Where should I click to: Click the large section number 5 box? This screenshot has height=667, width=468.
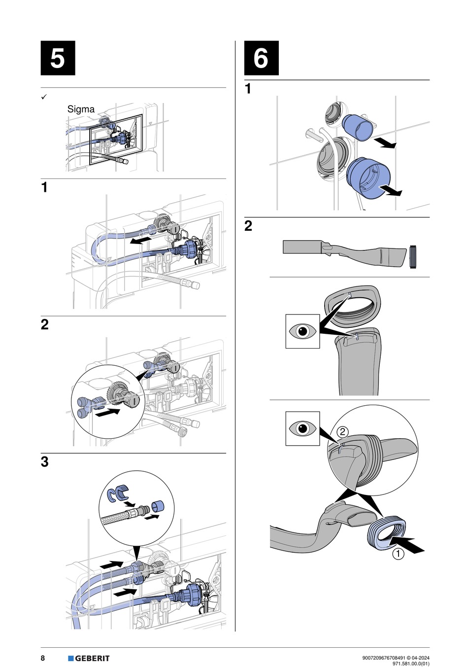click(x=58, y=58)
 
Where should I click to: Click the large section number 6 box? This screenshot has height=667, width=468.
click(x=261, y=58)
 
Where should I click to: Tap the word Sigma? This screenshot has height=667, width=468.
click(x=81, y=109)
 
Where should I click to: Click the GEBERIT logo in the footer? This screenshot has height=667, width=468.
click(x=89, y=658)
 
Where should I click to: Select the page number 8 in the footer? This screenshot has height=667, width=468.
click(x=43, y=658)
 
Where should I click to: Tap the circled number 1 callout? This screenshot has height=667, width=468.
click(x=398, y=554)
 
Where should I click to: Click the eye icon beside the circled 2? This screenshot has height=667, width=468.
click(x=302, y=428)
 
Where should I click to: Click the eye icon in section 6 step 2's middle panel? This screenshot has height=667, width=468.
click(x=302, y=331)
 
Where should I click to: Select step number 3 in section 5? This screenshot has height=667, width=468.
click(x=45, y=462)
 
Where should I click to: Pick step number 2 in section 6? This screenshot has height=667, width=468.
click(x=248, y=226)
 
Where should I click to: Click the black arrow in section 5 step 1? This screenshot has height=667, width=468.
click(x=141, y=240)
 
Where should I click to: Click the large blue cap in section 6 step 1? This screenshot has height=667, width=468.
click(x=369, y=177)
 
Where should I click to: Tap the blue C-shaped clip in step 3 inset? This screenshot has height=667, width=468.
click(x=118, y=493)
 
